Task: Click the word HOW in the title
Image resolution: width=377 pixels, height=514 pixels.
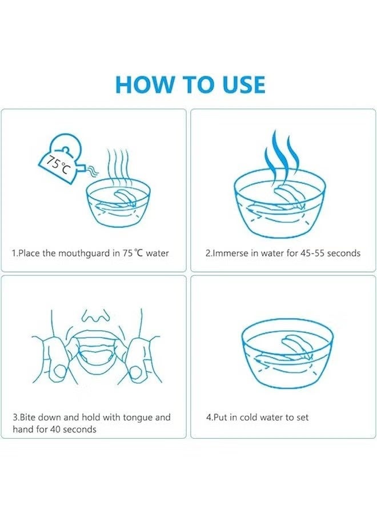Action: pos(145,85)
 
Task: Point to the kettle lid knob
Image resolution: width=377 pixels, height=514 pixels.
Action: pos(66,149)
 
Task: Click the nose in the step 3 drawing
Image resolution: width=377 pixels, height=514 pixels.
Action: pos(95,315)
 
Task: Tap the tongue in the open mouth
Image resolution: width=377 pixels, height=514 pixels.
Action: pos(95,356)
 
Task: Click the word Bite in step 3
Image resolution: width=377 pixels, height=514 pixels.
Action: pos(27,417)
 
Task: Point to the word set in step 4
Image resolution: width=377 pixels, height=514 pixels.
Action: pos(303,417)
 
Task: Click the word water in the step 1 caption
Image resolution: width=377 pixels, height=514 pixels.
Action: pos(157,254)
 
